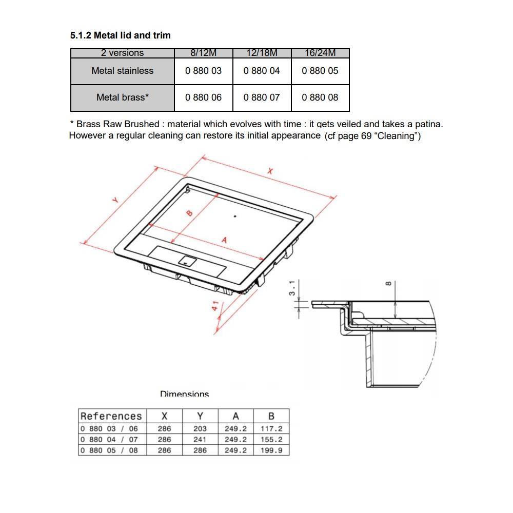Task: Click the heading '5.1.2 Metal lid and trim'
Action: tap(120, 35)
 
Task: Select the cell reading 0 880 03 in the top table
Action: tap(203, 71)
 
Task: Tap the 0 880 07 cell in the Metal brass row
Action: tap(262, 97)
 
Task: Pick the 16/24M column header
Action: tap(320, 53)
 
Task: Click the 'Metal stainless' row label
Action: tap(123, 71)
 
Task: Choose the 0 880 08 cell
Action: tap(320, 97)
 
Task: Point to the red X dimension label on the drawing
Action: tap(270, 171)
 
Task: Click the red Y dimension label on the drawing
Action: tap(115, 200)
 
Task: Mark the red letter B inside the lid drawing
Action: tap(189, 213)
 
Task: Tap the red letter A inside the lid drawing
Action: tap(224, 241)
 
